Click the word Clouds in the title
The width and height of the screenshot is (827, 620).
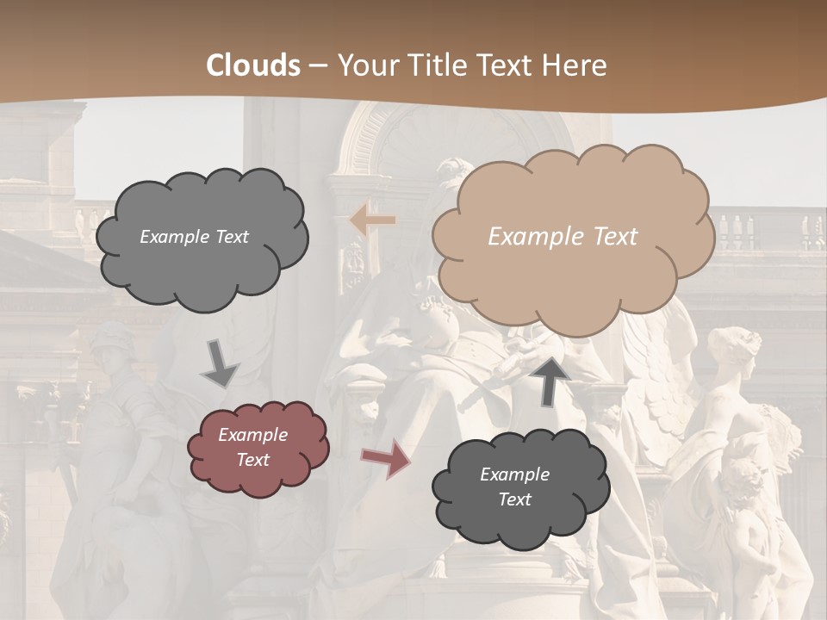(253, 65)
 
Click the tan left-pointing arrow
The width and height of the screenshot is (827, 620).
(372, 220)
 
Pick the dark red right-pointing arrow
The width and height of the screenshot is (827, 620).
(386, 458)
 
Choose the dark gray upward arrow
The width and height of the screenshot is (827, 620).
(554, 381)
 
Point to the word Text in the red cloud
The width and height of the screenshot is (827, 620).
(252, 460)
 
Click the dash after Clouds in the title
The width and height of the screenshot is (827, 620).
(317, 65)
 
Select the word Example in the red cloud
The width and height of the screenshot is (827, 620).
(252, 435)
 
